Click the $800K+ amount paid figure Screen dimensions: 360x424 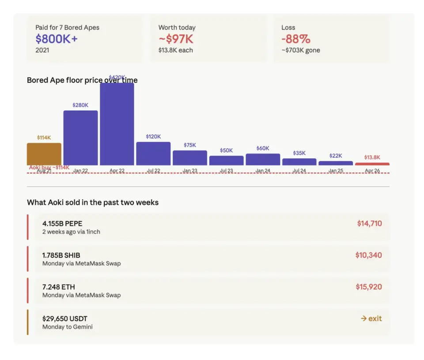tap(57, 39)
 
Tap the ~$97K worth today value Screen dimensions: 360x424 tap(176, 39)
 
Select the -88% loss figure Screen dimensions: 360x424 tap(296, 39)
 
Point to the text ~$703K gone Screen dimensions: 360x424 tap(301, 50)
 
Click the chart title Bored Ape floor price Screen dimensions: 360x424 tap(82, 80)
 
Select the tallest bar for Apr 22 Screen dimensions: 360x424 tap(117, 124)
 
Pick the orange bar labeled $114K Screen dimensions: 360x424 tap(44, 154)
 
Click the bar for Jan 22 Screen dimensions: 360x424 tap(80, 138)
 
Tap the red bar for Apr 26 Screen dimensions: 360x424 tap(372, 164)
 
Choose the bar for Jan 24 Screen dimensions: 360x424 tap(263, 159)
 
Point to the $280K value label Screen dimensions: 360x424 tap(80, 105)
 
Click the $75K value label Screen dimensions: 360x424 tap(190, 145)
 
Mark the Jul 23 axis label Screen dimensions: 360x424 tap(226, 171)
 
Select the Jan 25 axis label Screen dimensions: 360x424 tap(336, 171)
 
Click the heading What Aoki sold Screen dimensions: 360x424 tap(93, 202)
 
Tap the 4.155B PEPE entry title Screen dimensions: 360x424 tap(62, 224)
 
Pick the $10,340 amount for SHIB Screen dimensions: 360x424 tap(368, 255)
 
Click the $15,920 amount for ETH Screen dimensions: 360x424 tap(369, 287)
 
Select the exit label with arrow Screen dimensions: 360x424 tap(371, 319)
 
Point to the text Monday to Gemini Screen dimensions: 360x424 tap(68, 327)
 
